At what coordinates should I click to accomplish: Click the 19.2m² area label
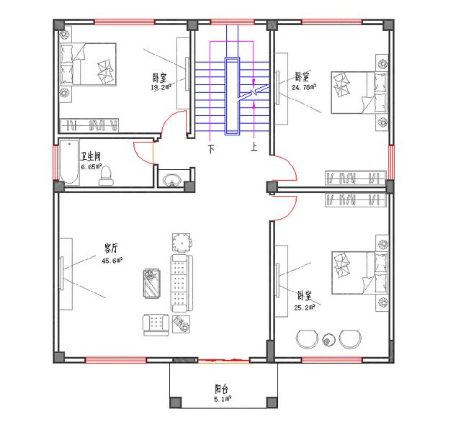click(x=161, y=88)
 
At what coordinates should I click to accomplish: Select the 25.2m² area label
click(x=305, y=306)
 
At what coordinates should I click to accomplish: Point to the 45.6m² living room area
click(x=112, y=261)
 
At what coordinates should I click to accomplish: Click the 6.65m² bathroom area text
click(x=91, y=167)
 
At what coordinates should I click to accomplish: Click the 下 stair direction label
click(x=211, y=150)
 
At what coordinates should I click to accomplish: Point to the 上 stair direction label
click(x=254, y=150)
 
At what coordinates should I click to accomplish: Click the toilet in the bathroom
click(x=106, y=174)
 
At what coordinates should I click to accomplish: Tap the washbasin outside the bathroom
click(x=171, y=179)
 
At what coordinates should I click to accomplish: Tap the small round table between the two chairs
click(x=330, y=338)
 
